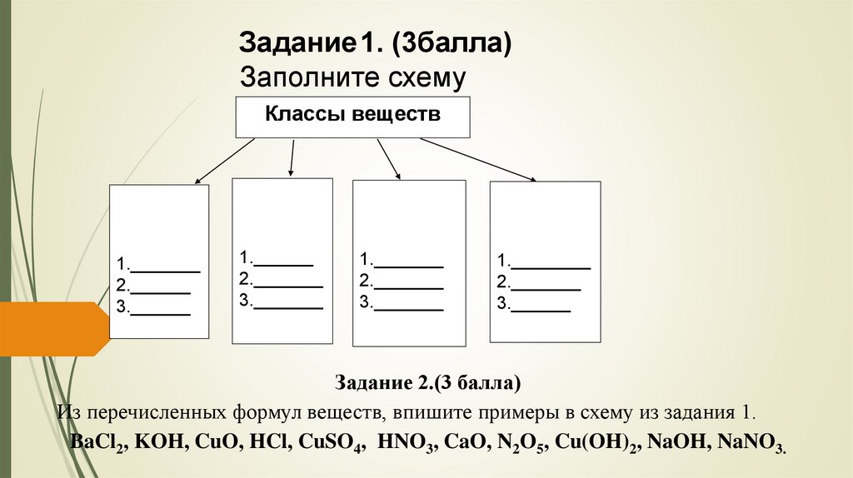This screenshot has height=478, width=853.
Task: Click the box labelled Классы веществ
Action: click(353, 117)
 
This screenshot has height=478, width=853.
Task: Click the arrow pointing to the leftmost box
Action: click(225, 161)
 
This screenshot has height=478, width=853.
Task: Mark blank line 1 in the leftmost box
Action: click(166, 271)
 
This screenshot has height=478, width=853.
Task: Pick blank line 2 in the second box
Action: click(287, 285)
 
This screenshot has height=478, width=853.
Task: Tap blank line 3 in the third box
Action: click(408, 309)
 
